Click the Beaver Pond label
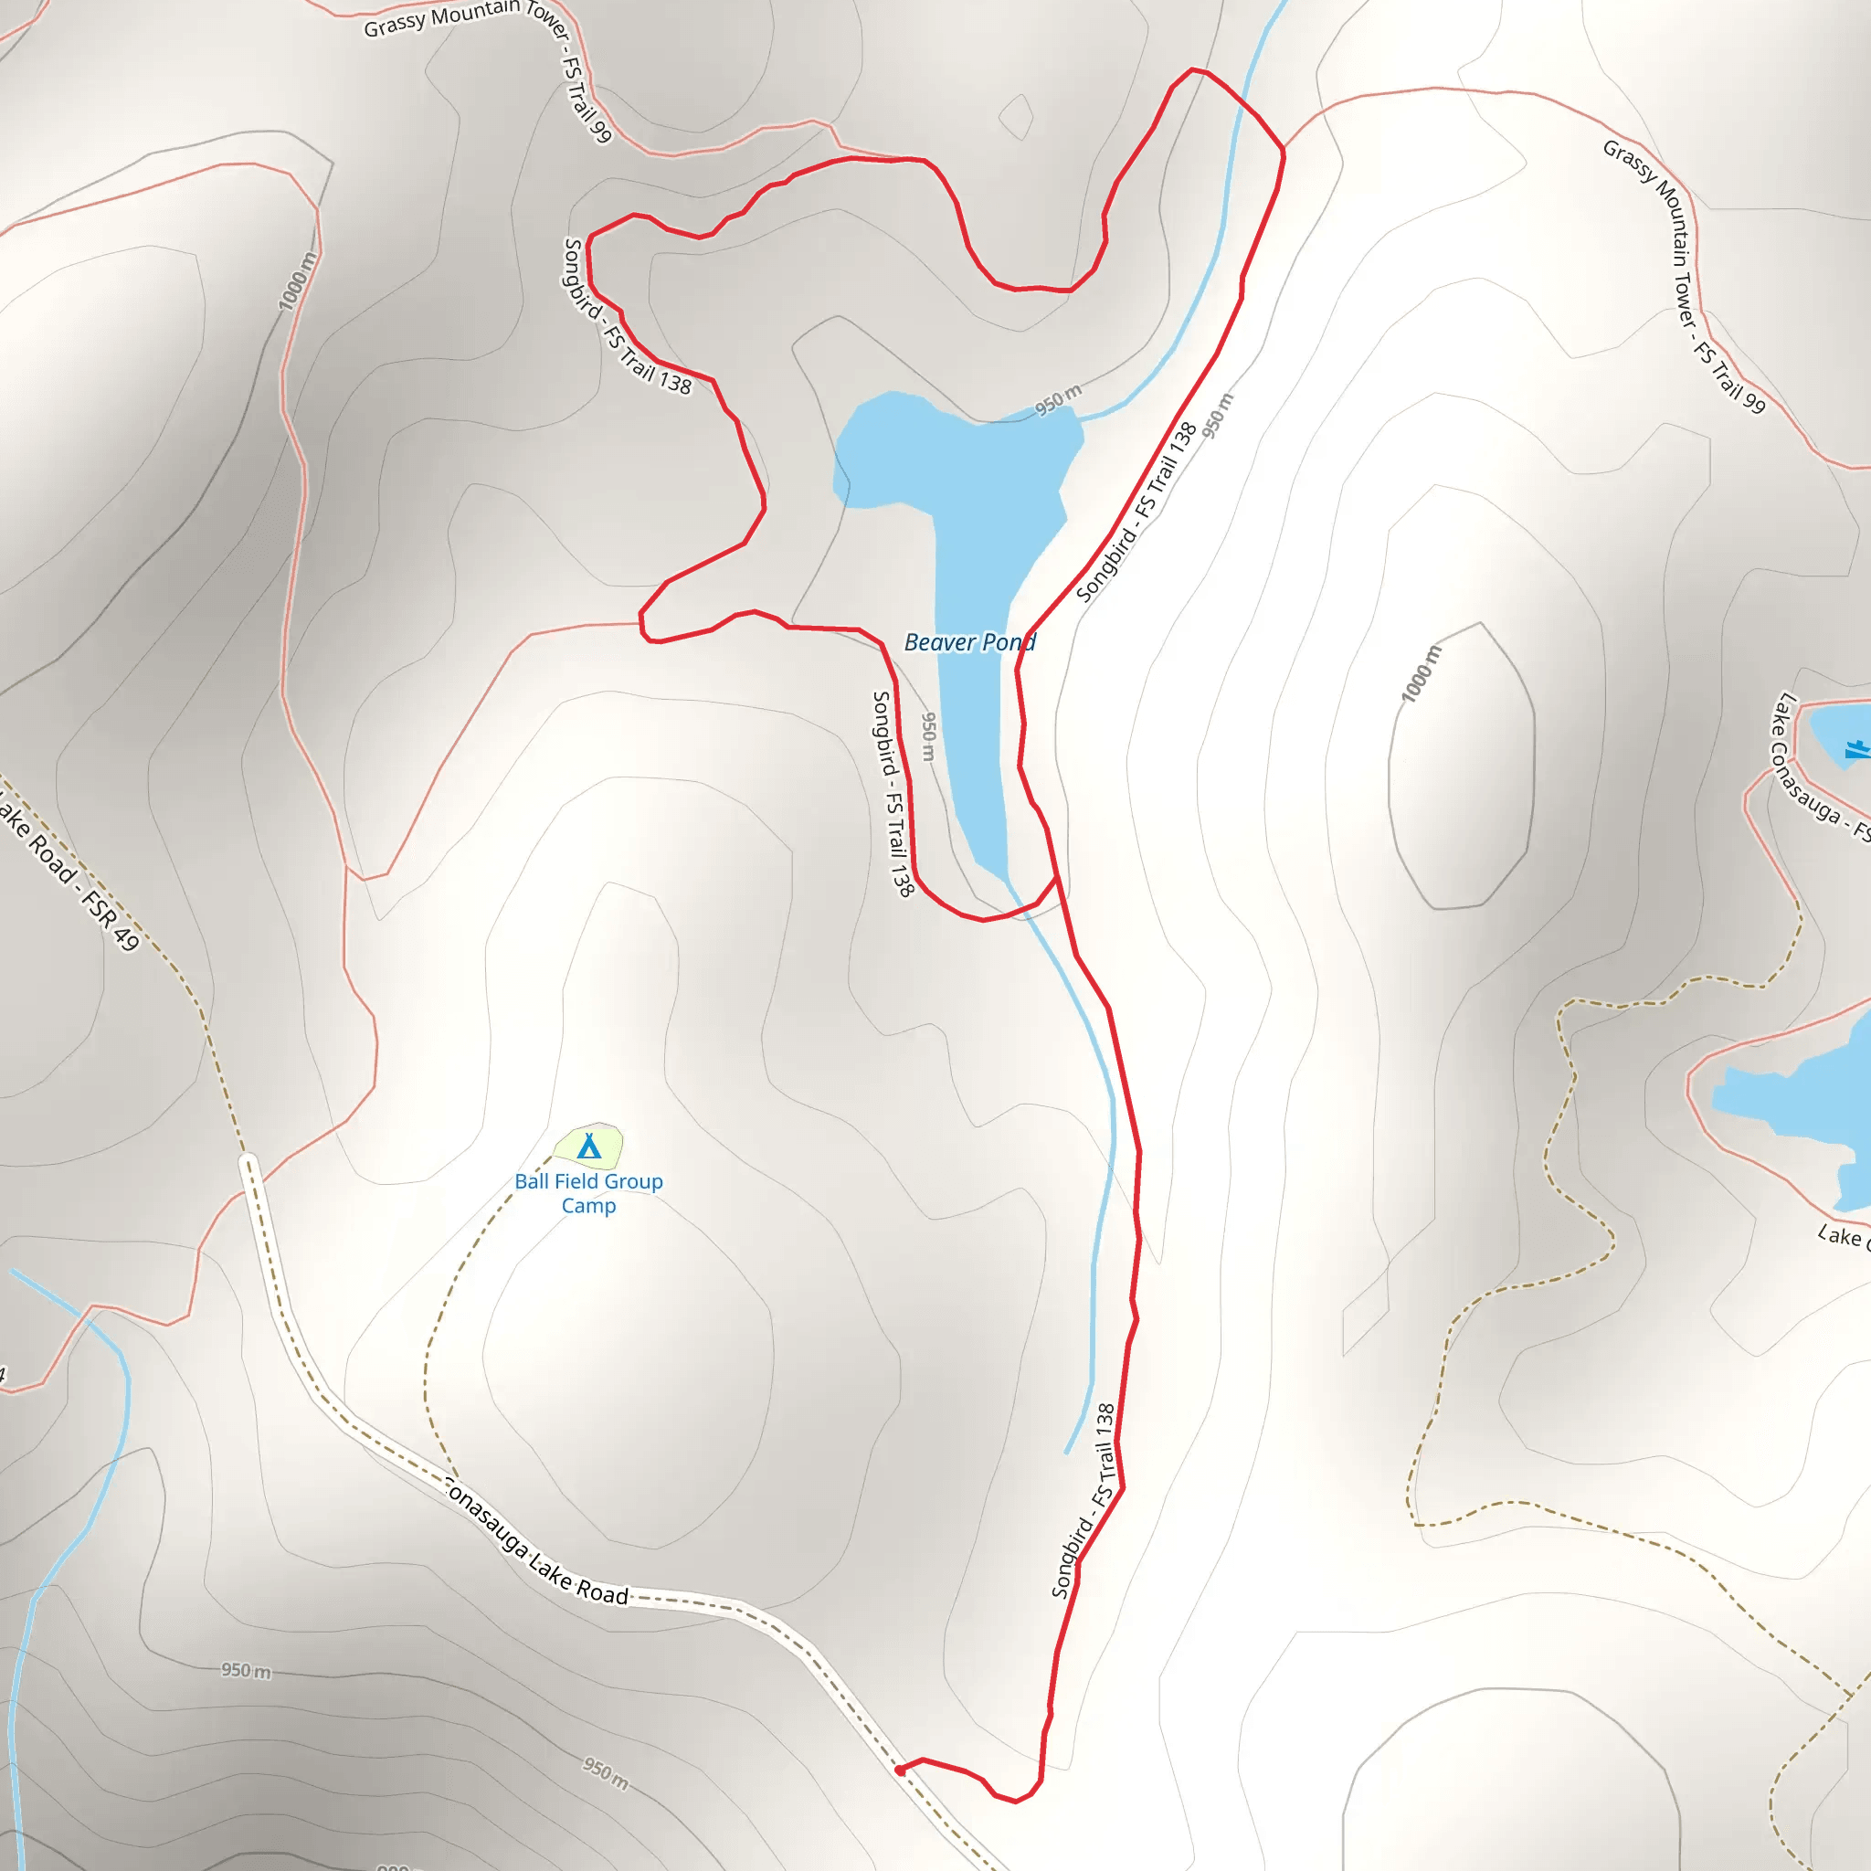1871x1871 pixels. tap(969, 642)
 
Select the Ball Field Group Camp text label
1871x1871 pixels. tap(589, 1193)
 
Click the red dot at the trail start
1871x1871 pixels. tap(901, 1771)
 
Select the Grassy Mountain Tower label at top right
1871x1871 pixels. tap(1685, 276)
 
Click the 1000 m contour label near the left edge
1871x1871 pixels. tap(297, 281)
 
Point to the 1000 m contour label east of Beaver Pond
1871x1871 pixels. tap(1422, 673)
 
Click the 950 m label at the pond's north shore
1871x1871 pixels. tap(1059, 399)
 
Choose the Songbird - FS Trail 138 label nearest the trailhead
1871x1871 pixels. tap(1083, 1500)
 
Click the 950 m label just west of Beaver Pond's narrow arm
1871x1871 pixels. tap(929, 737)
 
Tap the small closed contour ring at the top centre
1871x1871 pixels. tap(1016, 116)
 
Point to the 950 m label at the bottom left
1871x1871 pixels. tap(246, 1671)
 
